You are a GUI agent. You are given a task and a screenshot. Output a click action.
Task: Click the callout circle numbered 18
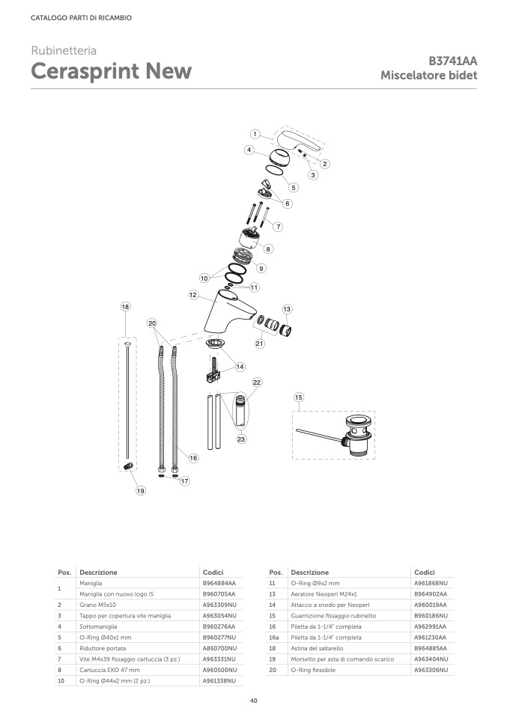[126, 306]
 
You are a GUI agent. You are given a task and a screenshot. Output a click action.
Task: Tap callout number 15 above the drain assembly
[299, 397]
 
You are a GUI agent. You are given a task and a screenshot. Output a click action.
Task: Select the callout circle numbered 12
[193, 296]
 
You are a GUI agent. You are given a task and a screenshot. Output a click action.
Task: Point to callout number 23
[242, 439]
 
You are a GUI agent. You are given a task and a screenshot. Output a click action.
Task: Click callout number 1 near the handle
[255, 134]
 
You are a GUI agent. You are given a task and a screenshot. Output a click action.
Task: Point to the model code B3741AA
[452, 61]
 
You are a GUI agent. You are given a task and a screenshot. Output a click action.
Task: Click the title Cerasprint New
[111, 72]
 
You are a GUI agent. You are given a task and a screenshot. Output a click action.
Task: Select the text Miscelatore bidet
[428, 76]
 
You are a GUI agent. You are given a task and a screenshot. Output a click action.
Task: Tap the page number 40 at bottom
[253, 700]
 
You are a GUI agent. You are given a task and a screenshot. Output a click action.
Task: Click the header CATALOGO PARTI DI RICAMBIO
[81, 18]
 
